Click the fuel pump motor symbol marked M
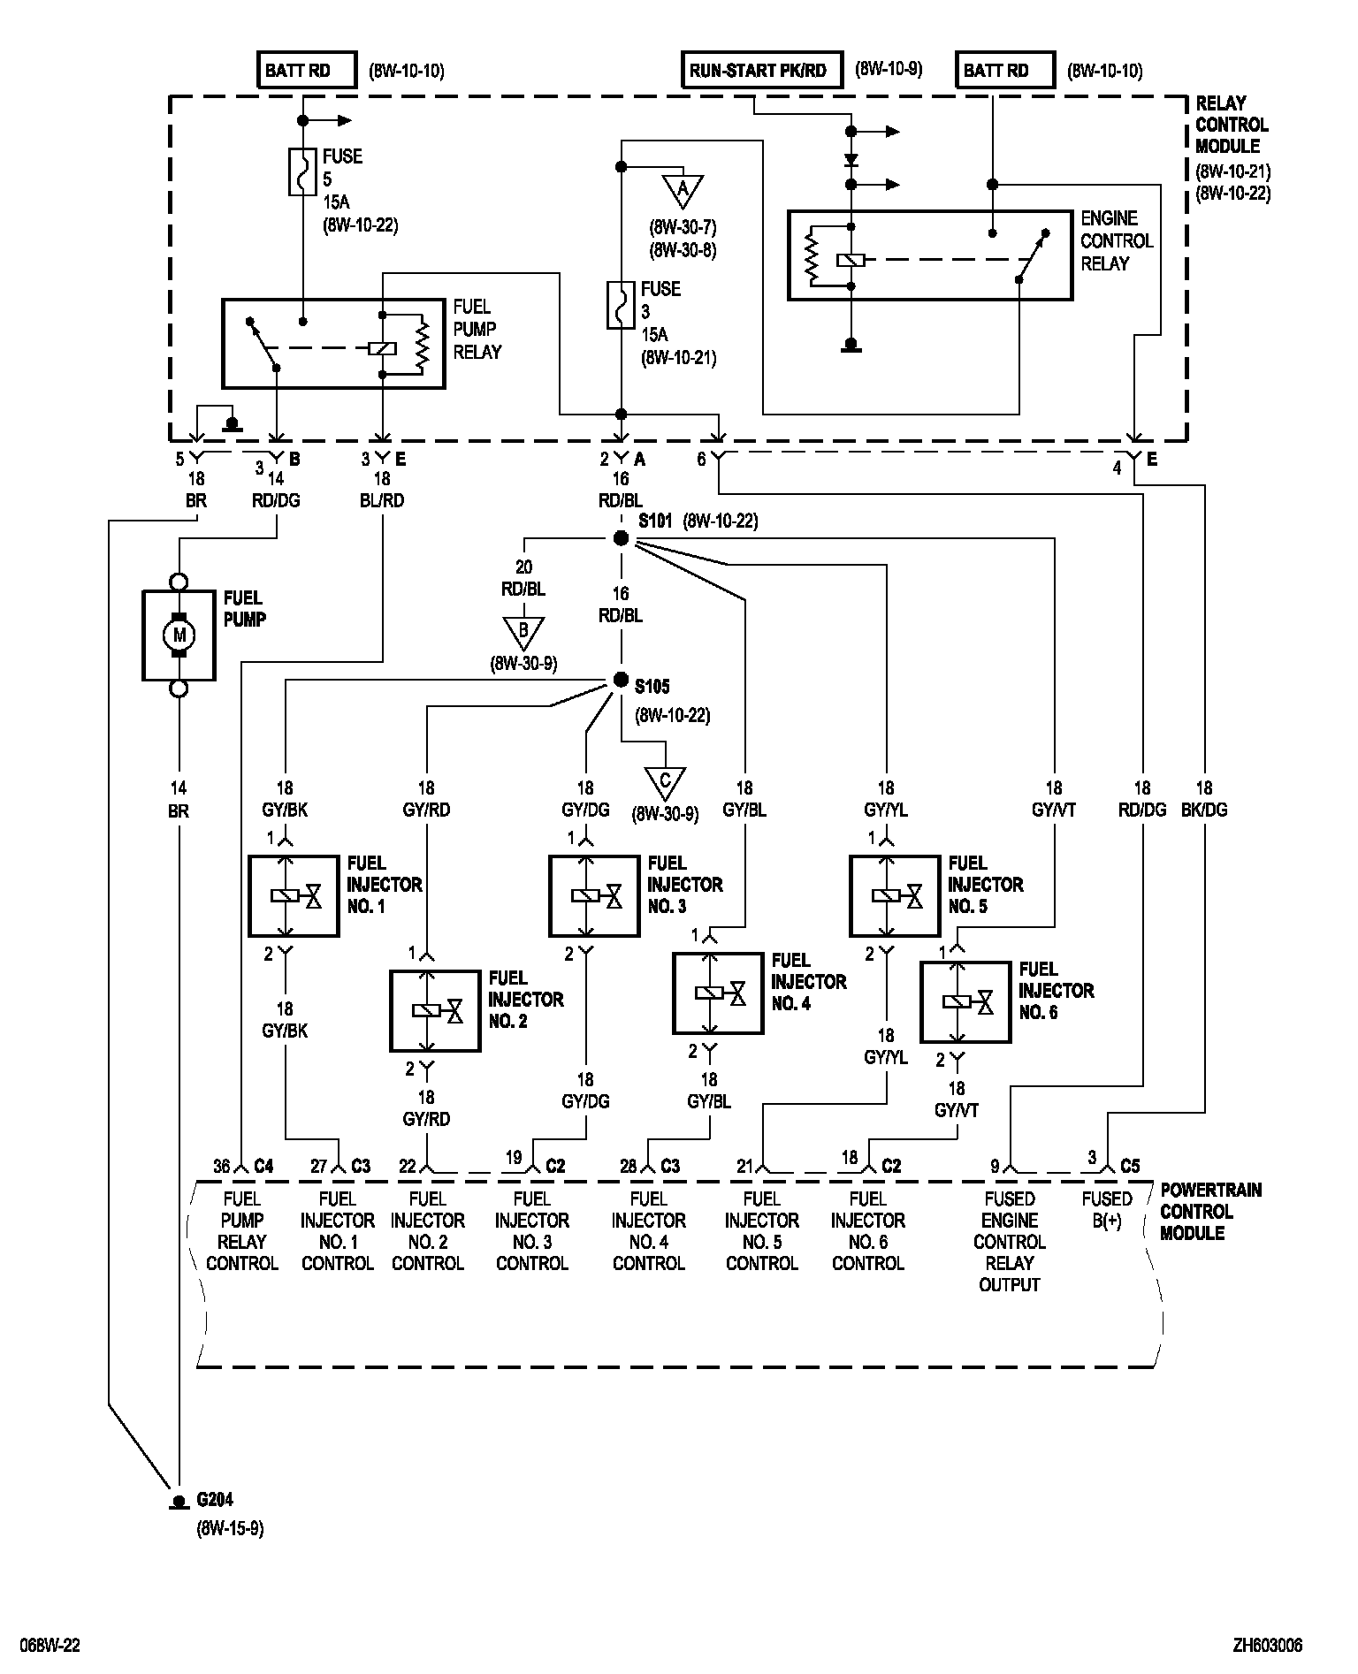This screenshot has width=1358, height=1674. click(179, 635)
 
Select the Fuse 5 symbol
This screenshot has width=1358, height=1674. click(302, 171)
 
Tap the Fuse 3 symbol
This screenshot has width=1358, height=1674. click(621, 306)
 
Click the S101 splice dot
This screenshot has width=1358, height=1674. click(621, 538)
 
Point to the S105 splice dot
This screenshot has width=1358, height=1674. click(621, 680)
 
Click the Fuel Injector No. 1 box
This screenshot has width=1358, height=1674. click(294, 895)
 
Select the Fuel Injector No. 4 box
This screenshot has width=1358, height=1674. click(718, 993)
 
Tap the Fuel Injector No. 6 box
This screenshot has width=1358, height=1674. click(965, 1001)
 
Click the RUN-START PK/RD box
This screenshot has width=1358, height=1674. click(758, 71)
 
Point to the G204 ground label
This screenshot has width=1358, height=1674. click(215, 1500)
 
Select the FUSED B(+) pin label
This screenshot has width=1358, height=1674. click(1106, 1209)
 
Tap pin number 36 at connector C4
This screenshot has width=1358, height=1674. click(221, 1167)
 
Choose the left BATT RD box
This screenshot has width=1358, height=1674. click(306, 71)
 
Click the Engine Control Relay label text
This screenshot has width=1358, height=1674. click(1117, 240)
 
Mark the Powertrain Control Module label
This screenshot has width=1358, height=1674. click(1210, 1211)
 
